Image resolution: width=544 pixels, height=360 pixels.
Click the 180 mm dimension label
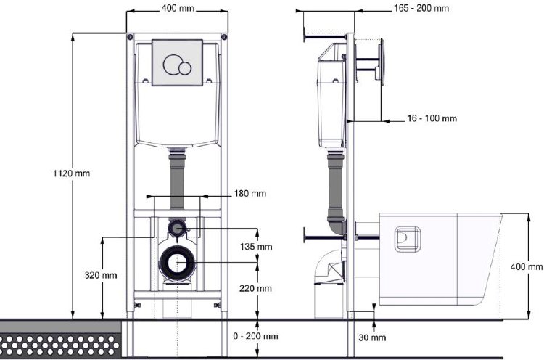[x=250, y=194]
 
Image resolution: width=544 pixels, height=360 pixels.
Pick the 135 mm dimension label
[x=255, y=247]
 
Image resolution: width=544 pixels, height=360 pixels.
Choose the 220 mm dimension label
[x=255, y=288]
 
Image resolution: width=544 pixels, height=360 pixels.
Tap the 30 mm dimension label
[x=373, y=338]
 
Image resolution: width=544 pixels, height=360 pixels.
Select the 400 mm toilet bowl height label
[x=527, y=267]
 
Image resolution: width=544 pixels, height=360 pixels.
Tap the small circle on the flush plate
[x=185, y=68]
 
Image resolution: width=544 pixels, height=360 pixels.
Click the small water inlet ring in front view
[x=176, y=229]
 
